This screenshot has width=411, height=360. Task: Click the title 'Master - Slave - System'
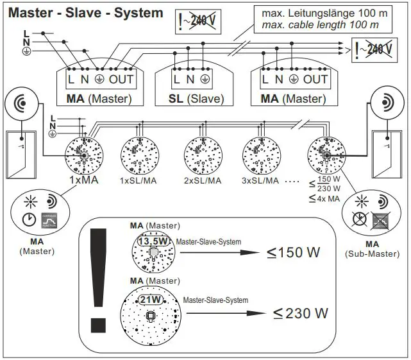(x=85, y=12)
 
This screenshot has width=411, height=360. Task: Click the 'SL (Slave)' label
(x=190, y=99)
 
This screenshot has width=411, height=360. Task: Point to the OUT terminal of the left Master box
(x=121, y=80)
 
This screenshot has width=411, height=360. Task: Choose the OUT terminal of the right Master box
(x=315, y=80)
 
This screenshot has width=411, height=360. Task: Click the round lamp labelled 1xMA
(x=83, y=154)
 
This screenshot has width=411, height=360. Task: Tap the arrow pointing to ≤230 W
(x=237, y=313)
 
